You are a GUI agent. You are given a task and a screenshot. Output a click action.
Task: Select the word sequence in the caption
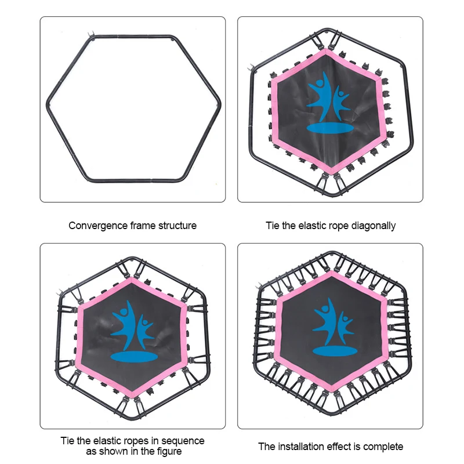tap(182, 441)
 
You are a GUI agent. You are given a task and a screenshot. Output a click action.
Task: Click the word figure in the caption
tap(168, 452)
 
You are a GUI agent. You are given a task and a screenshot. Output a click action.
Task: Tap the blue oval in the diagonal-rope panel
tap(326, 128)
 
